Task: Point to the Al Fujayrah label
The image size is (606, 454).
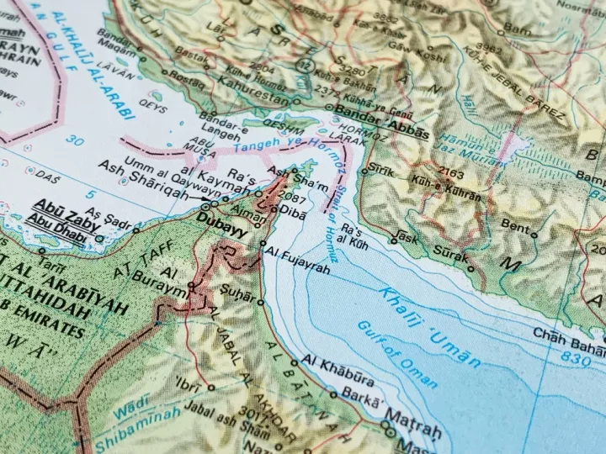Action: pyautogui.click(x=295, y=251)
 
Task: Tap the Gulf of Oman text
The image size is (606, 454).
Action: pyautogui.click(x=396, y=353)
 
